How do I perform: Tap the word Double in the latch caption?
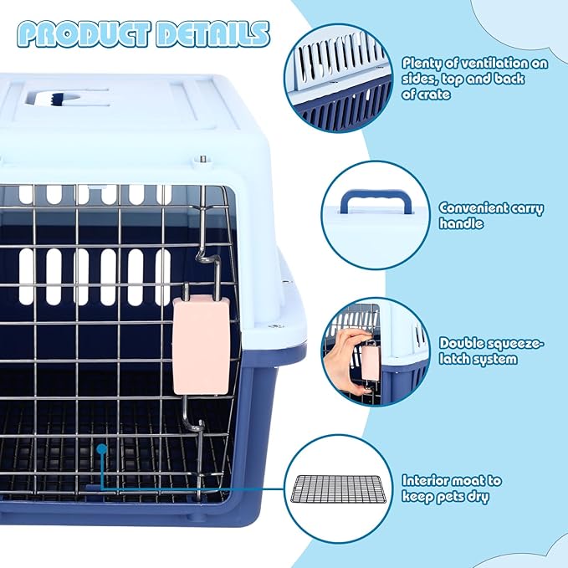(459, 343)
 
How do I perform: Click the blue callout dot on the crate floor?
(101, 449)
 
